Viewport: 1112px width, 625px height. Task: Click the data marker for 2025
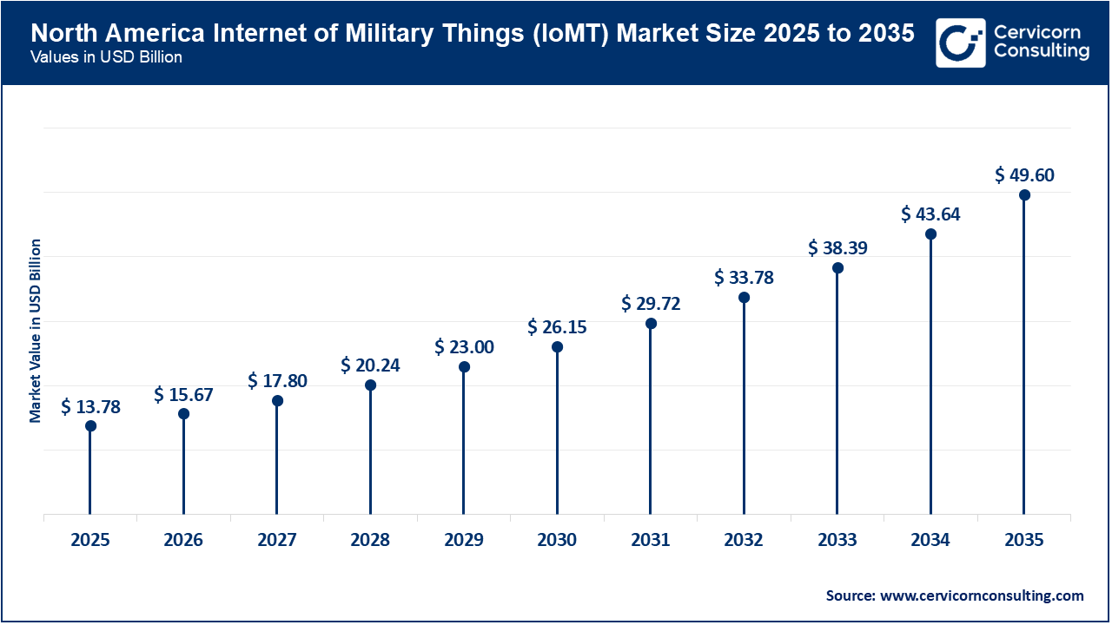pyautogui.click(x=90, y=425)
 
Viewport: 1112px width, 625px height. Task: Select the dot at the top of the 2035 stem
pyautogui.click(x=1024, y=194)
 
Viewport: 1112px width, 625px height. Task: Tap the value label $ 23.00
pyautogui.click(x=464, y=347)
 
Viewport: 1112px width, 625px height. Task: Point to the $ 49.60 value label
pyautogui.click(x=1024, y=175)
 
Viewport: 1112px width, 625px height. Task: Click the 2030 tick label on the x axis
pyautogui.click(x=557, y=540)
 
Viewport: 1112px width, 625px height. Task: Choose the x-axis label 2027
pyautogui.click(x=277, y=540)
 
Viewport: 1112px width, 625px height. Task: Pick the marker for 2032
pyautogui.click(x=745, y=297)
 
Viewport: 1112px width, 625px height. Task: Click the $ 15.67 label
pyautogui.click(x=183, y=395)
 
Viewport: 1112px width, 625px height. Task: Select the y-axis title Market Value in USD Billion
pyautogui.click(x=36, y=331)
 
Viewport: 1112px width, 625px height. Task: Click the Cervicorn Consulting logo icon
pyautogui.click(x=960, y=43)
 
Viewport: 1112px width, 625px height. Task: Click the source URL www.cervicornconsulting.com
pyautogui.click(x=983, y=595)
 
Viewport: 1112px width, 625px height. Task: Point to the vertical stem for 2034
pyautogui.click(x=931, y=373)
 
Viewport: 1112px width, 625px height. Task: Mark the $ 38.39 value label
pyautogui.click(x=837, y=248)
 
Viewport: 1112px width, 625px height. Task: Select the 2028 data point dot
pyautogui.click(x=370, y=385)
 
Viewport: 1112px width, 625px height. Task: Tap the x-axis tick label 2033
pyautogui.click(x=837, y=540)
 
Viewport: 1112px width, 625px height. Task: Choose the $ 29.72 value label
pyautogui.click(x=651, y=304)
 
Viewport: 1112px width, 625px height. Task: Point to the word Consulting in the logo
pyautogui.click(x=1041, y=51)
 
